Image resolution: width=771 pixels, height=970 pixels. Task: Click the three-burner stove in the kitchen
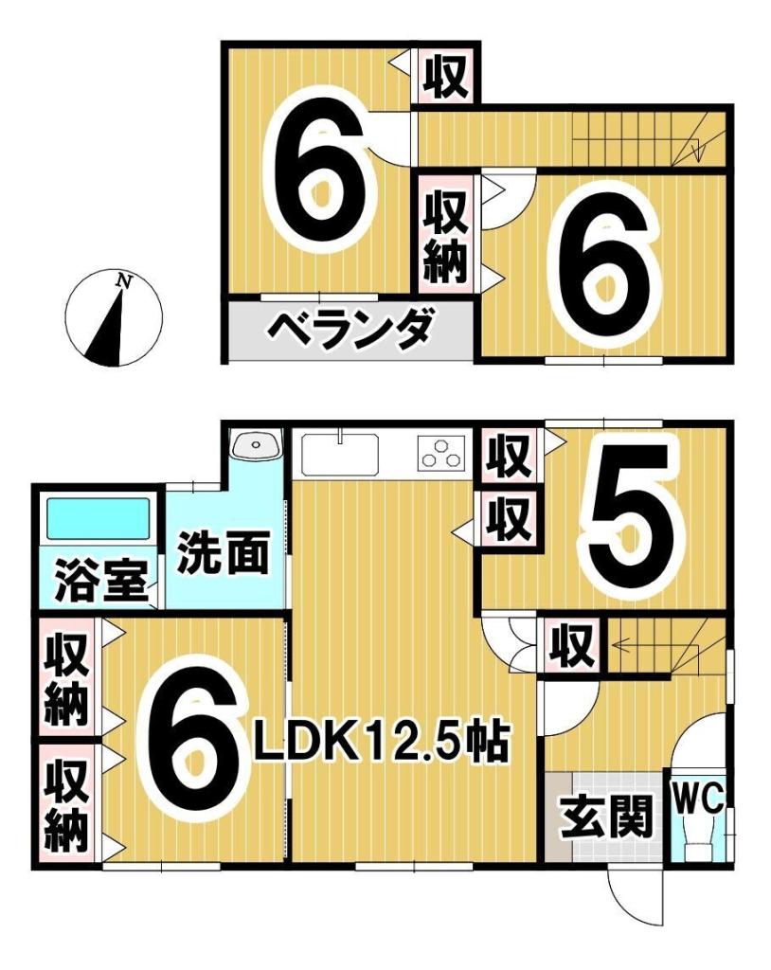point(441,456)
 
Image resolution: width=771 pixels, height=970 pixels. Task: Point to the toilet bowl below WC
point(699,839)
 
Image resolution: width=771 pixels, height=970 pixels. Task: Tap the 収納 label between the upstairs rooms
point(445,236)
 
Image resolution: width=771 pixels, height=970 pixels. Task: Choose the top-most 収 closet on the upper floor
point(446,76)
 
